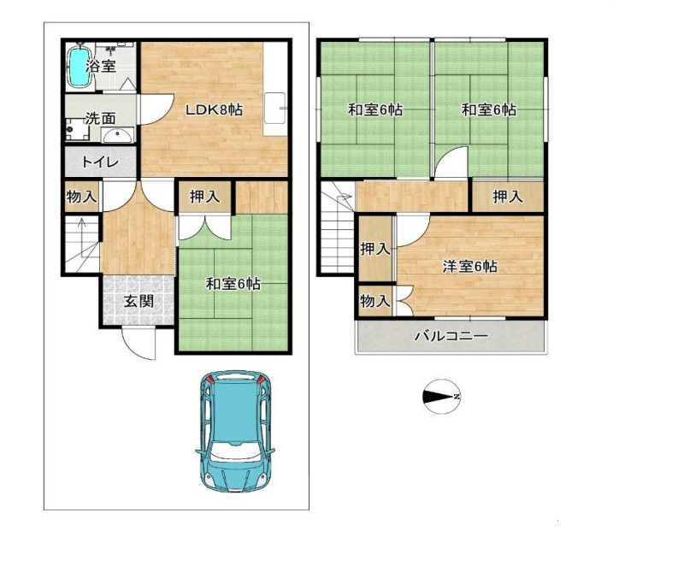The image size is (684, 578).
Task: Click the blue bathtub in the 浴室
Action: click(80, 67)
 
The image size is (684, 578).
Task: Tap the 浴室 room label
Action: click(101, 67)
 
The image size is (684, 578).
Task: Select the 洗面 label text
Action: click(100, 118)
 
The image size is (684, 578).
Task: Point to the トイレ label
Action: click(100, 162)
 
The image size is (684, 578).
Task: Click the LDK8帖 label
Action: click(215, 109)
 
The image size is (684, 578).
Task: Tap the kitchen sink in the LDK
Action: click(275, 109)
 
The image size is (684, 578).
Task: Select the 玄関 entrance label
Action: click(139, 301)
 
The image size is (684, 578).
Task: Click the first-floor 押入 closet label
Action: click(204, 197)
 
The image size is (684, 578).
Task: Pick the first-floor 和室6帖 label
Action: click(233, 284)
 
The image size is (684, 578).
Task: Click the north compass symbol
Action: click(441, 397)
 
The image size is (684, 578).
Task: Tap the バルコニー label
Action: click(451, 336)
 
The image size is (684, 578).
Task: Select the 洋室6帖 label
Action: click(469, 266)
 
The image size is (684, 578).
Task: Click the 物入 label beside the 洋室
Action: click(375, 301)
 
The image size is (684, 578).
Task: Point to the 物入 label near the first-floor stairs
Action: click(81, 197)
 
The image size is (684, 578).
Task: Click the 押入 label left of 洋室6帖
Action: click(375, 249)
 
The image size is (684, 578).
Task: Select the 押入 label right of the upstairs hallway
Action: click(508, 197)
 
